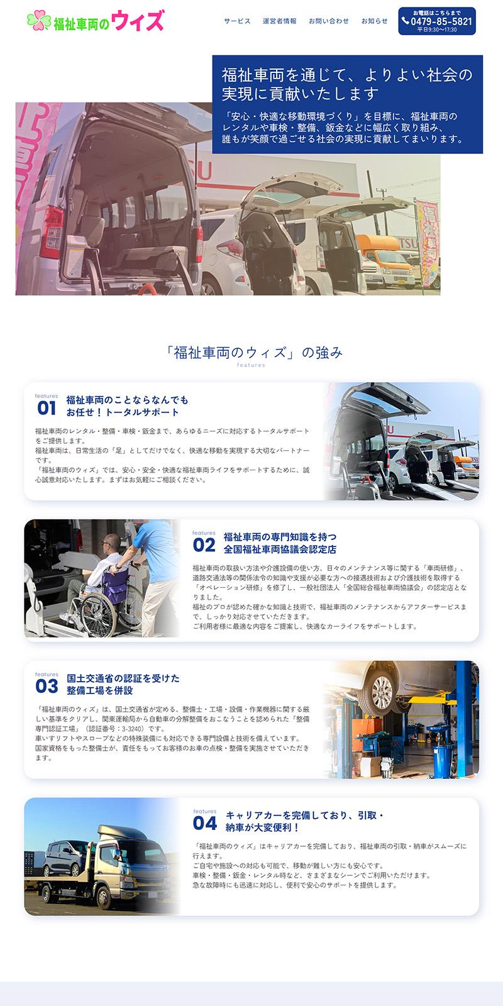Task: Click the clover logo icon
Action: (x=38, y=20)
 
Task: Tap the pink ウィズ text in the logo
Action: (x=138, y=20)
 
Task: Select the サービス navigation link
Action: (x=237, y=21)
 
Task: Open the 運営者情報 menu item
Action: (x=279, y=21)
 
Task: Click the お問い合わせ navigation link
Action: (x=328, y=21)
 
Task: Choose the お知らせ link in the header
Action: (x=374, y=21)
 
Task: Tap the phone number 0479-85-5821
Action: (x=441, y=21)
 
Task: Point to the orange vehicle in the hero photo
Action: (x=385, y=258)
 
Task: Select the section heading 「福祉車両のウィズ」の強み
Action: (x=254, y=353)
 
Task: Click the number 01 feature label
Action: (x=47, y=408)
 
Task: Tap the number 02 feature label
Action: (x=204, y=545)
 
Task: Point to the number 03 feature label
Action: (x=47, y=686)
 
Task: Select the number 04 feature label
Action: (x=205, y=823)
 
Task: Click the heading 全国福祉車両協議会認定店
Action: (x=280, y=550)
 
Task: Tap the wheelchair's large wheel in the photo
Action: (x=97, y=614)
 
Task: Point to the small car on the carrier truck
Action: (x=66, y=858)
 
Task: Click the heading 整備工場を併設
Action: (x=100, y=690)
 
